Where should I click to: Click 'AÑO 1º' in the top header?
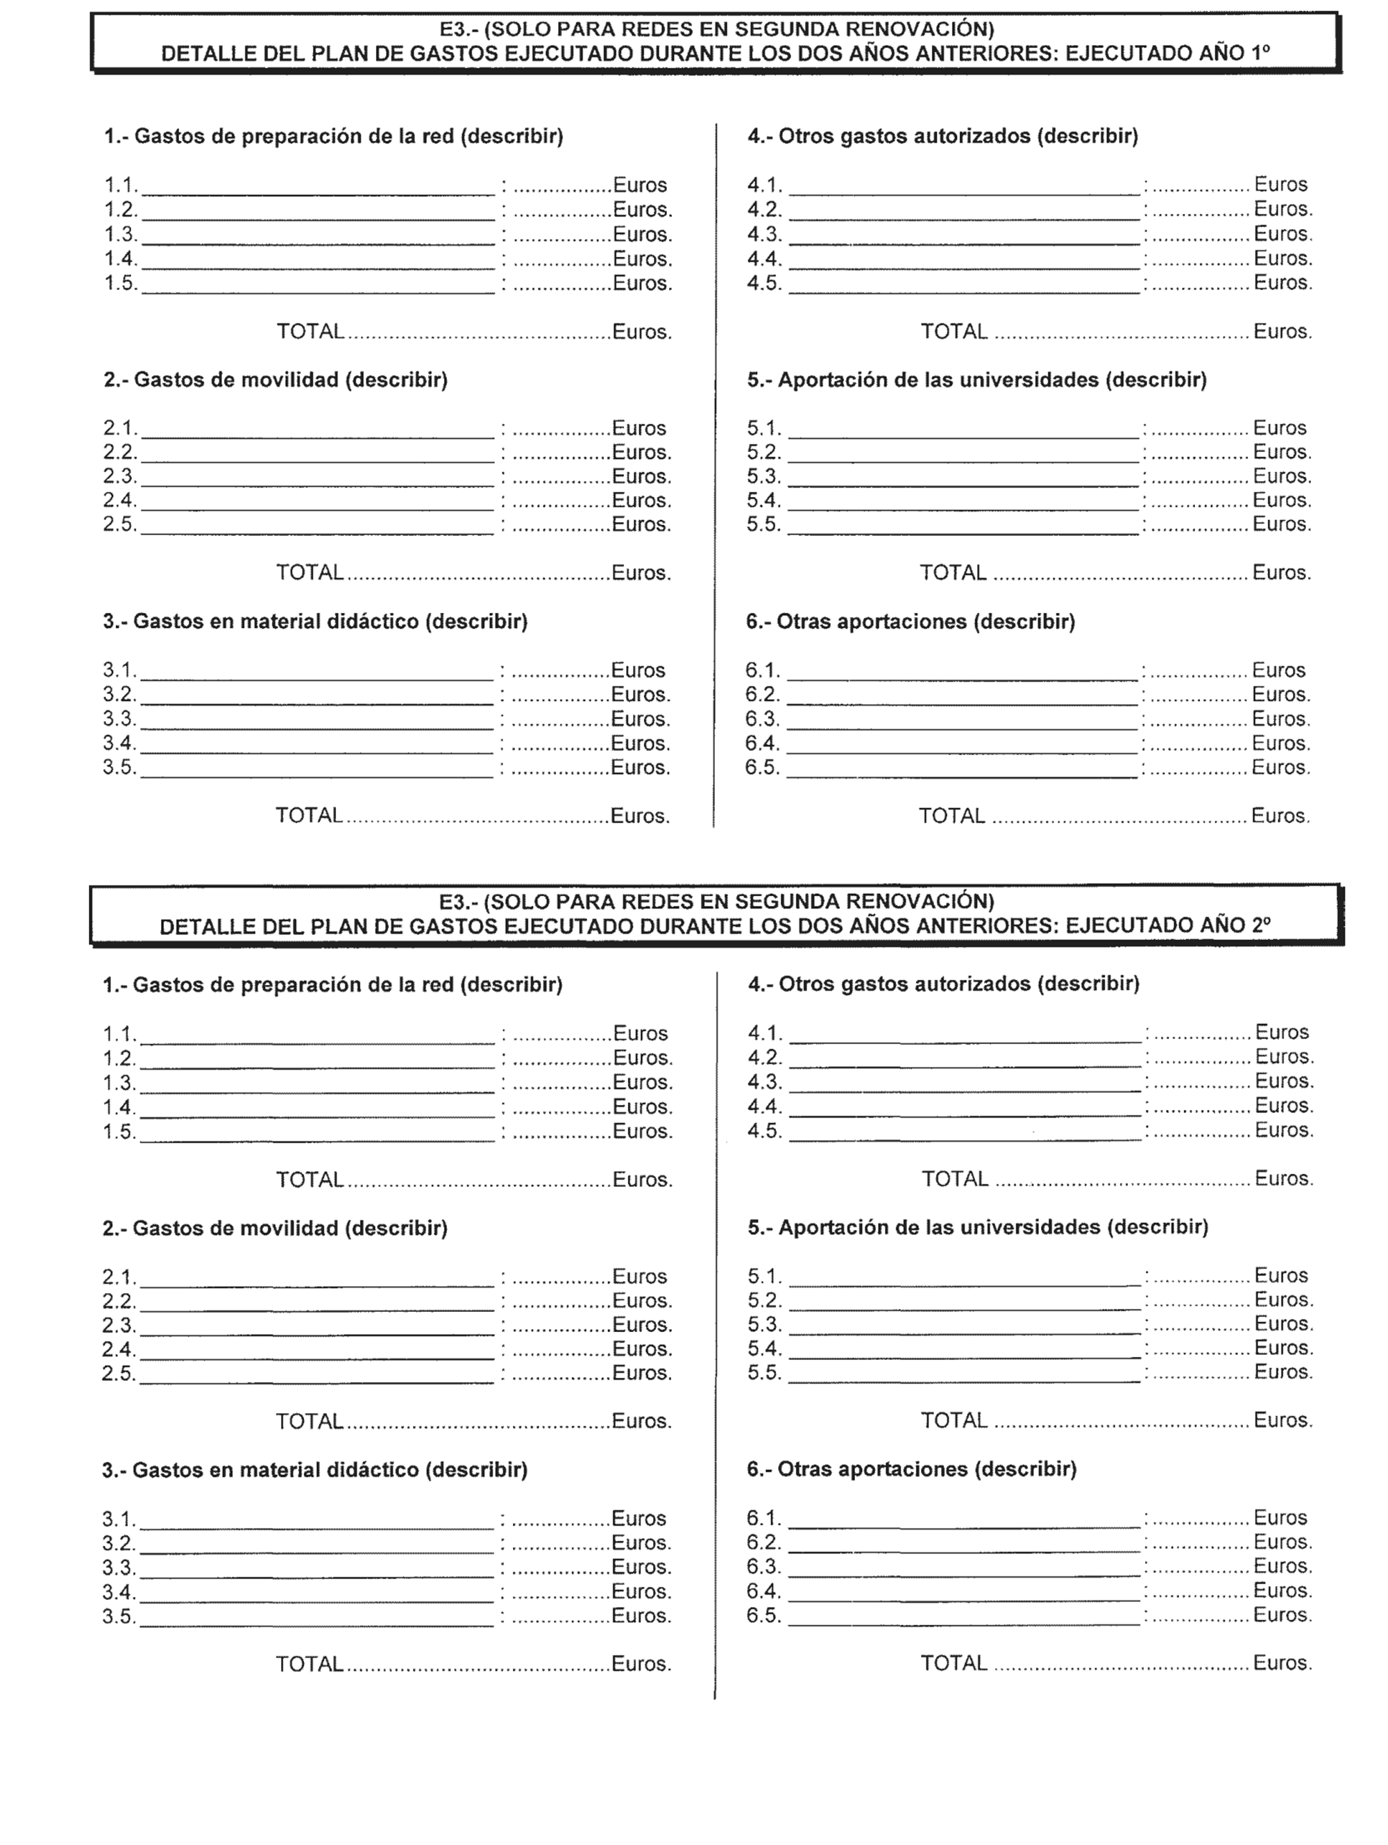click(1235, 53)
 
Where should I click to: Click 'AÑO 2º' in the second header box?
click(1235, 926)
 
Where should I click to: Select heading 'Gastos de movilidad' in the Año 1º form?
click(276, 380)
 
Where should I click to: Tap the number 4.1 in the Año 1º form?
click(763, 185)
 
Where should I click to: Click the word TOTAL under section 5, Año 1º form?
click(953, 573)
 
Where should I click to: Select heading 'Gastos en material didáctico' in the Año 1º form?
click(315, 622)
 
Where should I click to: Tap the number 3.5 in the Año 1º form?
click(119, 767)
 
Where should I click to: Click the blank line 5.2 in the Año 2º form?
click(964, 1307)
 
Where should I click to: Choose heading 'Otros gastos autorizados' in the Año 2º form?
click(942, 984)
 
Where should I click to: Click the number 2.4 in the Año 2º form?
click(119, 1349)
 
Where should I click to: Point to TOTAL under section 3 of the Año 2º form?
click(310, 1665)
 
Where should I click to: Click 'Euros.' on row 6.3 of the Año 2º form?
click(1283, 1567)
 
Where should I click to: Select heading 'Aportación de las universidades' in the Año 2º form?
click(978, 1228)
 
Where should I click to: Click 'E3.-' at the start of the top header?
click(458, 29)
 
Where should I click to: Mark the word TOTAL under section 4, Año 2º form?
click(954, 1179)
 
